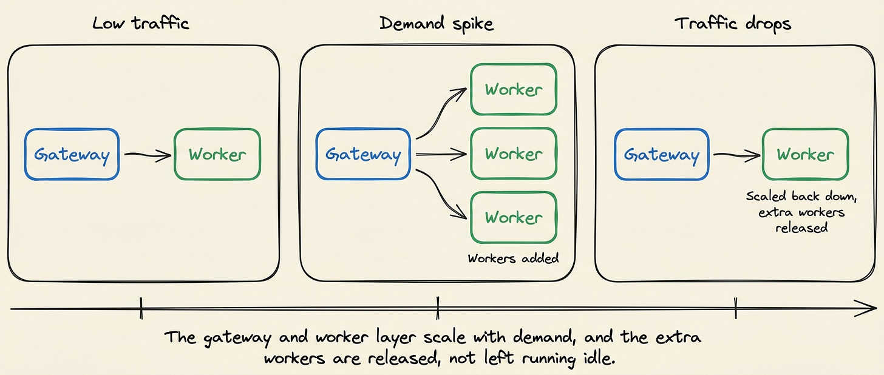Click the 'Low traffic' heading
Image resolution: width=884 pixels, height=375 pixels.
click(x=140, y=23)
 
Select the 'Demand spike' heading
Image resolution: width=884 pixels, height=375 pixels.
click(x=437, y=24)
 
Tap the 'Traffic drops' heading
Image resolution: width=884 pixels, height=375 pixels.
click(x=733, y=24)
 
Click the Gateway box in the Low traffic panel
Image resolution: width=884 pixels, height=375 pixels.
click(x=72, y=154)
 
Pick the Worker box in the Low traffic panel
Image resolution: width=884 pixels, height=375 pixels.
click(x=217, y=154)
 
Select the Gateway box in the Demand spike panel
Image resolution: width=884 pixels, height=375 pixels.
click(x=363, y=154)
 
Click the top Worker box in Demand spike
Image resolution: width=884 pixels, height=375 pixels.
click(x=514, y=90)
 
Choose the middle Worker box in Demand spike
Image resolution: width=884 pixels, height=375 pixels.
click(x=514, y=154)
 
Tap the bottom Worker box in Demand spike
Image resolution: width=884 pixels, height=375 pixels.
click(x=514, y=217)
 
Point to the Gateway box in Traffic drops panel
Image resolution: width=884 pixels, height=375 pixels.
click(x=662, y=154)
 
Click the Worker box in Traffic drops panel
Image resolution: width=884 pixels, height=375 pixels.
click(x=806, y=154)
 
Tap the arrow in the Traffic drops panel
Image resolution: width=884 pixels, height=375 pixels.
click(x=737, y=155)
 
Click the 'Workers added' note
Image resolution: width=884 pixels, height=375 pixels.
click(x=513, y=258)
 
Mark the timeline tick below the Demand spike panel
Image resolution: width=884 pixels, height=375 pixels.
click(x=438, y=308)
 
